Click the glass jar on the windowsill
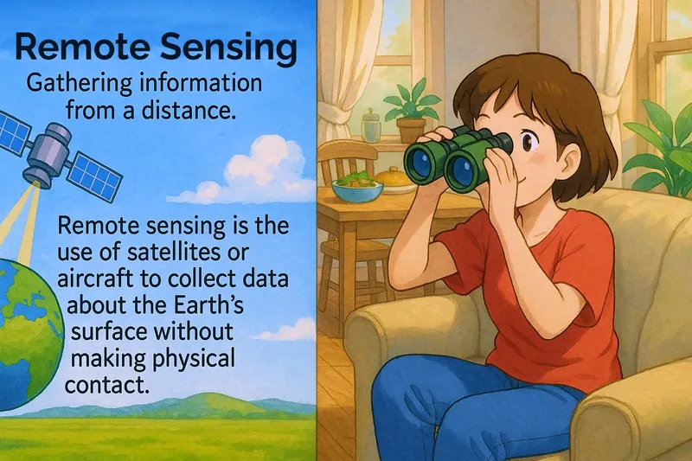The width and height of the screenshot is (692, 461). click(372, 126)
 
